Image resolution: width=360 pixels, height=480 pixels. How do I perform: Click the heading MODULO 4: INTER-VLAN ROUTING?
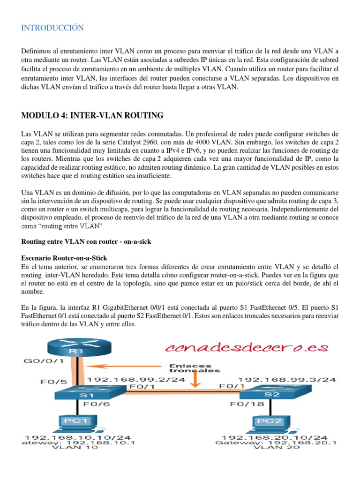(x=92, y=115)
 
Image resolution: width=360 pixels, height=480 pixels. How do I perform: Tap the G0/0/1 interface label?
(x=43, y=361)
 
